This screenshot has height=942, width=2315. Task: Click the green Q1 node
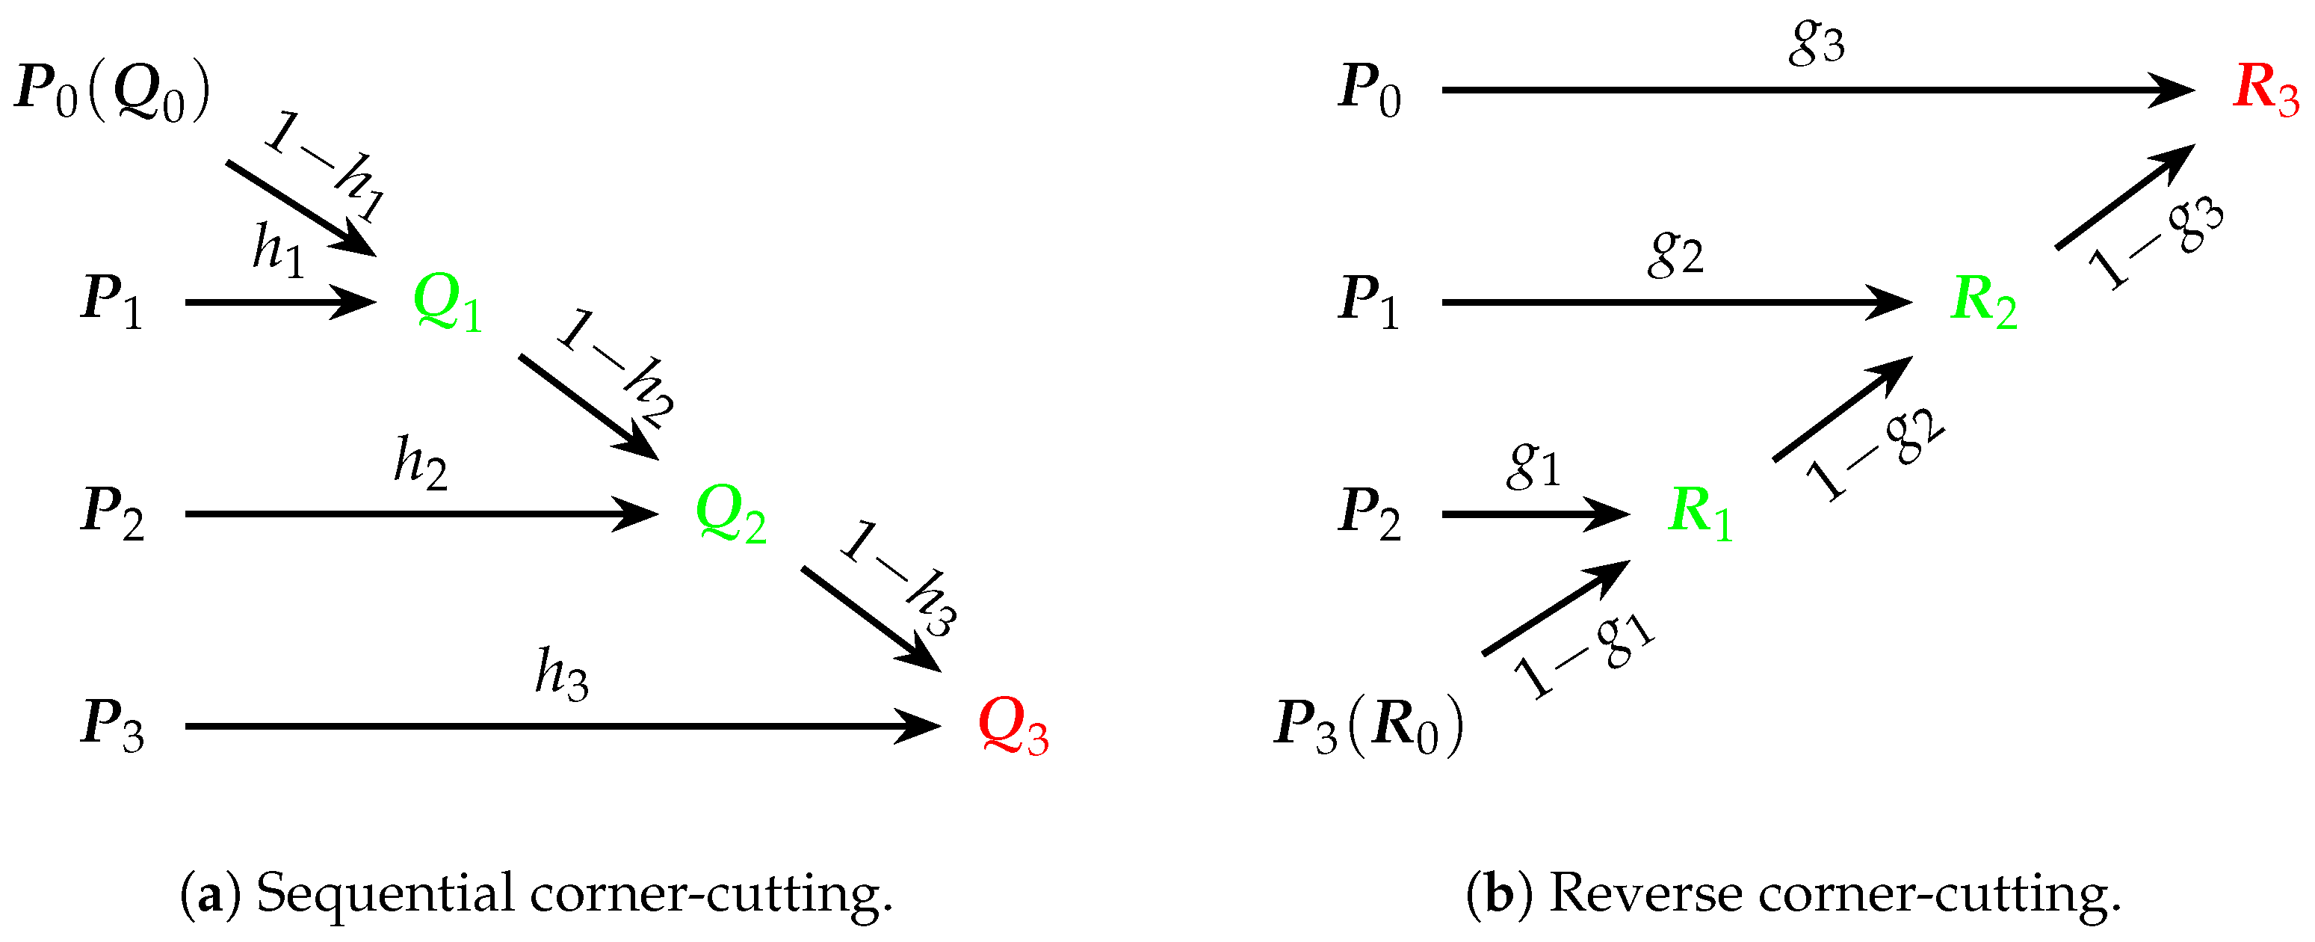click(x=448, y=303)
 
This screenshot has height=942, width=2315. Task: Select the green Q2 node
click(x=731, y=514)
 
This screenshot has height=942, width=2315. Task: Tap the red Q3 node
click(x=1013, y=726)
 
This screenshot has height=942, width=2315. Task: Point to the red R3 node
click(x=2265, y=90)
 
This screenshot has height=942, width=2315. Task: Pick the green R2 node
click(x=1983, y=302)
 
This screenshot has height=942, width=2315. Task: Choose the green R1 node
click(x=1699, y=514)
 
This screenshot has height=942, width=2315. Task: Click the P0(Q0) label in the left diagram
click(x=112, y=92)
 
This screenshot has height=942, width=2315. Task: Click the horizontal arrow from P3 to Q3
click(x=562, y=726)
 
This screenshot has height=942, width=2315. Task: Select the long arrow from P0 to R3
click(x=1815, y=90)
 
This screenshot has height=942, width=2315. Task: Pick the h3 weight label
click(x=562, y=674)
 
